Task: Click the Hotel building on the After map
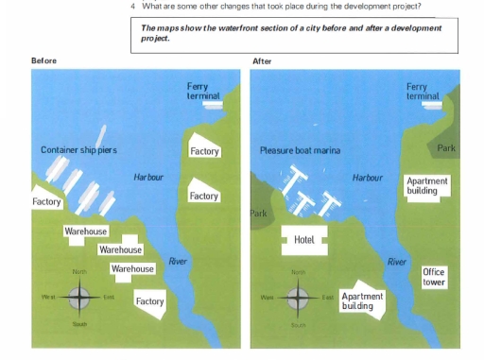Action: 303,240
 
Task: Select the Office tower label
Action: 434,277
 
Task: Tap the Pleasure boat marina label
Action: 300,150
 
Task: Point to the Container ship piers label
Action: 78,150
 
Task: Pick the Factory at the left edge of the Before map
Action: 46,201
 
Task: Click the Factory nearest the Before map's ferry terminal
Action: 204,151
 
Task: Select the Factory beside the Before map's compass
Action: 149,301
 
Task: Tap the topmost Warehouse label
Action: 86,231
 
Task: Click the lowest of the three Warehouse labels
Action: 132,269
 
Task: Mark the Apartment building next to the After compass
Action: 362,301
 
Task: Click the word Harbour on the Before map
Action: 148,177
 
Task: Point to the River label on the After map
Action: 398,261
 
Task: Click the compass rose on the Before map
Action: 79,298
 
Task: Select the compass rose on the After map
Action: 299,298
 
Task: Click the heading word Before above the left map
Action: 43,61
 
